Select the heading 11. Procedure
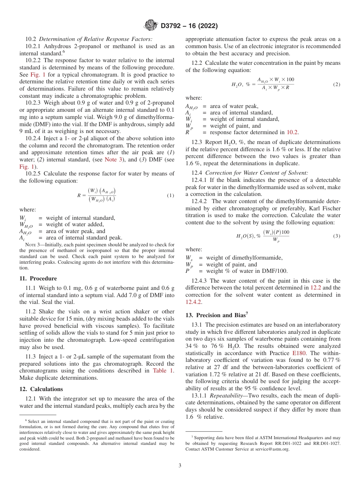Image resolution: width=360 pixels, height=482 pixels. [38, 279]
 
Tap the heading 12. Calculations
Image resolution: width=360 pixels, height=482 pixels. [41, 389]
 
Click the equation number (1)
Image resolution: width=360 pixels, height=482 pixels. [171, 196]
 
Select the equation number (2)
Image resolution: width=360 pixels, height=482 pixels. [337, 85]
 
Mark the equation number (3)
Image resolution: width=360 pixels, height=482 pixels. [337, 236]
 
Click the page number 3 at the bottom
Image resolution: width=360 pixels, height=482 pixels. [180, 465]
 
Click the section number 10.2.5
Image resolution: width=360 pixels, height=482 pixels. [34, 174]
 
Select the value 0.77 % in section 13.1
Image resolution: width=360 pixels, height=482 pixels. [332, 360]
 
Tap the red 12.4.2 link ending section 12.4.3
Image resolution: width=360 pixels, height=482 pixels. [194, 302]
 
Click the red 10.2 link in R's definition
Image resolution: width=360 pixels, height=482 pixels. [292, 132]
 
